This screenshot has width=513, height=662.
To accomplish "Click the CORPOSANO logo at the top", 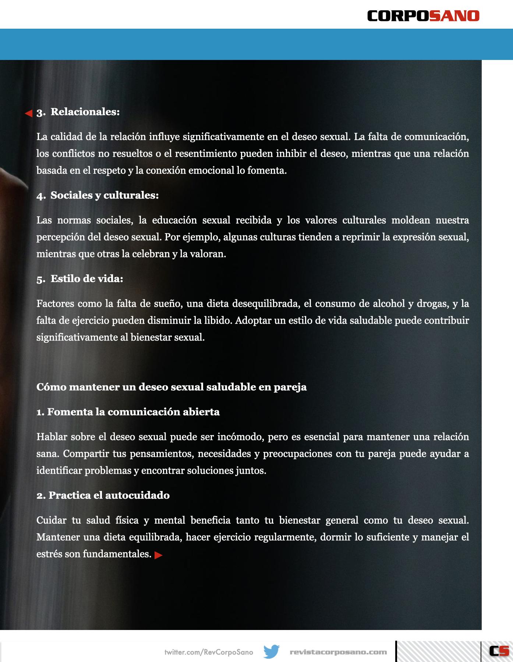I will tap(423, 16).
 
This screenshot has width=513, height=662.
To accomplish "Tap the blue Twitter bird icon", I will tap(272, 652).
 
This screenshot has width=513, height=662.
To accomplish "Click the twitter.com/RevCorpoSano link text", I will tap(209, 652).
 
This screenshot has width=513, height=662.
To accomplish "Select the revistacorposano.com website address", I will tap(338, 652).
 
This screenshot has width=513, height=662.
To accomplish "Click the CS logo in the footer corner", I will tap(499, 651).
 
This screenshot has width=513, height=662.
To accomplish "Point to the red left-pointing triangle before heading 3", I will tap(29, 113).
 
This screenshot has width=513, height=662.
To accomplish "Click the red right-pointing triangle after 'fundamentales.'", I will tap(159, 555).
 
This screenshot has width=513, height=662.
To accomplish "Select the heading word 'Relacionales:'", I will tap(85, 112).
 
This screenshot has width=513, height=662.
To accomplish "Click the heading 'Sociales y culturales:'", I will tap(105, 195).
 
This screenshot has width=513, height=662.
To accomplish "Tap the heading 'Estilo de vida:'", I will tap(87, 279).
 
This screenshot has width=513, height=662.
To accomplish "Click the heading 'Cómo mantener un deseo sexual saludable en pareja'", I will tap(171, 387).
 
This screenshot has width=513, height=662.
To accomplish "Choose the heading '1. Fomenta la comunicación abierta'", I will tap(128, 412).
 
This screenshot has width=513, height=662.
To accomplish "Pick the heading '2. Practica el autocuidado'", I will tap(103, 495).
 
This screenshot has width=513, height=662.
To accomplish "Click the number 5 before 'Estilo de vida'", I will tap(40, 279).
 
